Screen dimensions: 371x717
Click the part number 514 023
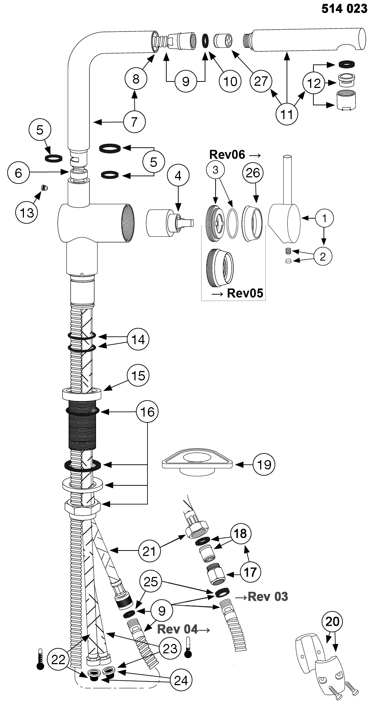[344, 9]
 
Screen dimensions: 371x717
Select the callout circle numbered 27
[261, 81]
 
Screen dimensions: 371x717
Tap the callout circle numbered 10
[230, 81]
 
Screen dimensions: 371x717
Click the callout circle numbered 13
[27, 212]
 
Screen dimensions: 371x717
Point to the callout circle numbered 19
[264, 464]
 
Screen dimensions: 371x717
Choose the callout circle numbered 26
[253, 173]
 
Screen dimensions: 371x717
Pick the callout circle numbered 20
[333, 621]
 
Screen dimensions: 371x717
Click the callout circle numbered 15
[138, 376]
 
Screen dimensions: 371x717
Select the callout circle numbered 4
[178, 176]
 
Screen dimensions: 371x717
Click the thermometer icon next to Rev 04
[188, 647]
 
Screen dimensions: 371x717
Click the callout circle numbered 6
[18, 173]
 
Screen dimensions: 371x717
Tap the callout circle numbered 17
[250, 572]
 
